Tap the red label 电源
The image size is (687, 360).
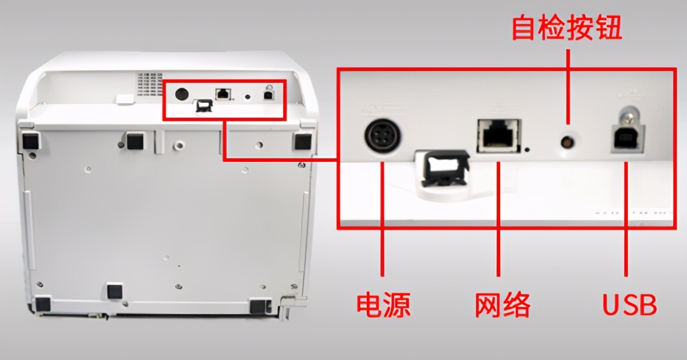click(383, 305)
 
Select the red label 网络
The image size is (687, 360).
click(502, 305)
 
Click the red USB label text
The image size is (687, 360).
click(630, 305)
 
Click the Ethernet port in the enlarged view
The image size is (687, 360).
click(498, 136)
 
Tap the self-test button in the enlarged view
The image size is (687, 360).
click(567, 141)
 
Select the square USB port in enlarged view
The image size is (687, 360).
click(626, 138)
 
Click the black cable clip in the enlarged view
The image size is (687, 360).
click(444, 168)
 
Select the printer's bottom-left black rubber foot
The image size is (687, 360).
click(42, 303)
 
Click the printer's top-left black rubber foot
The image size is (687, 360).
click(30, 140)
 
